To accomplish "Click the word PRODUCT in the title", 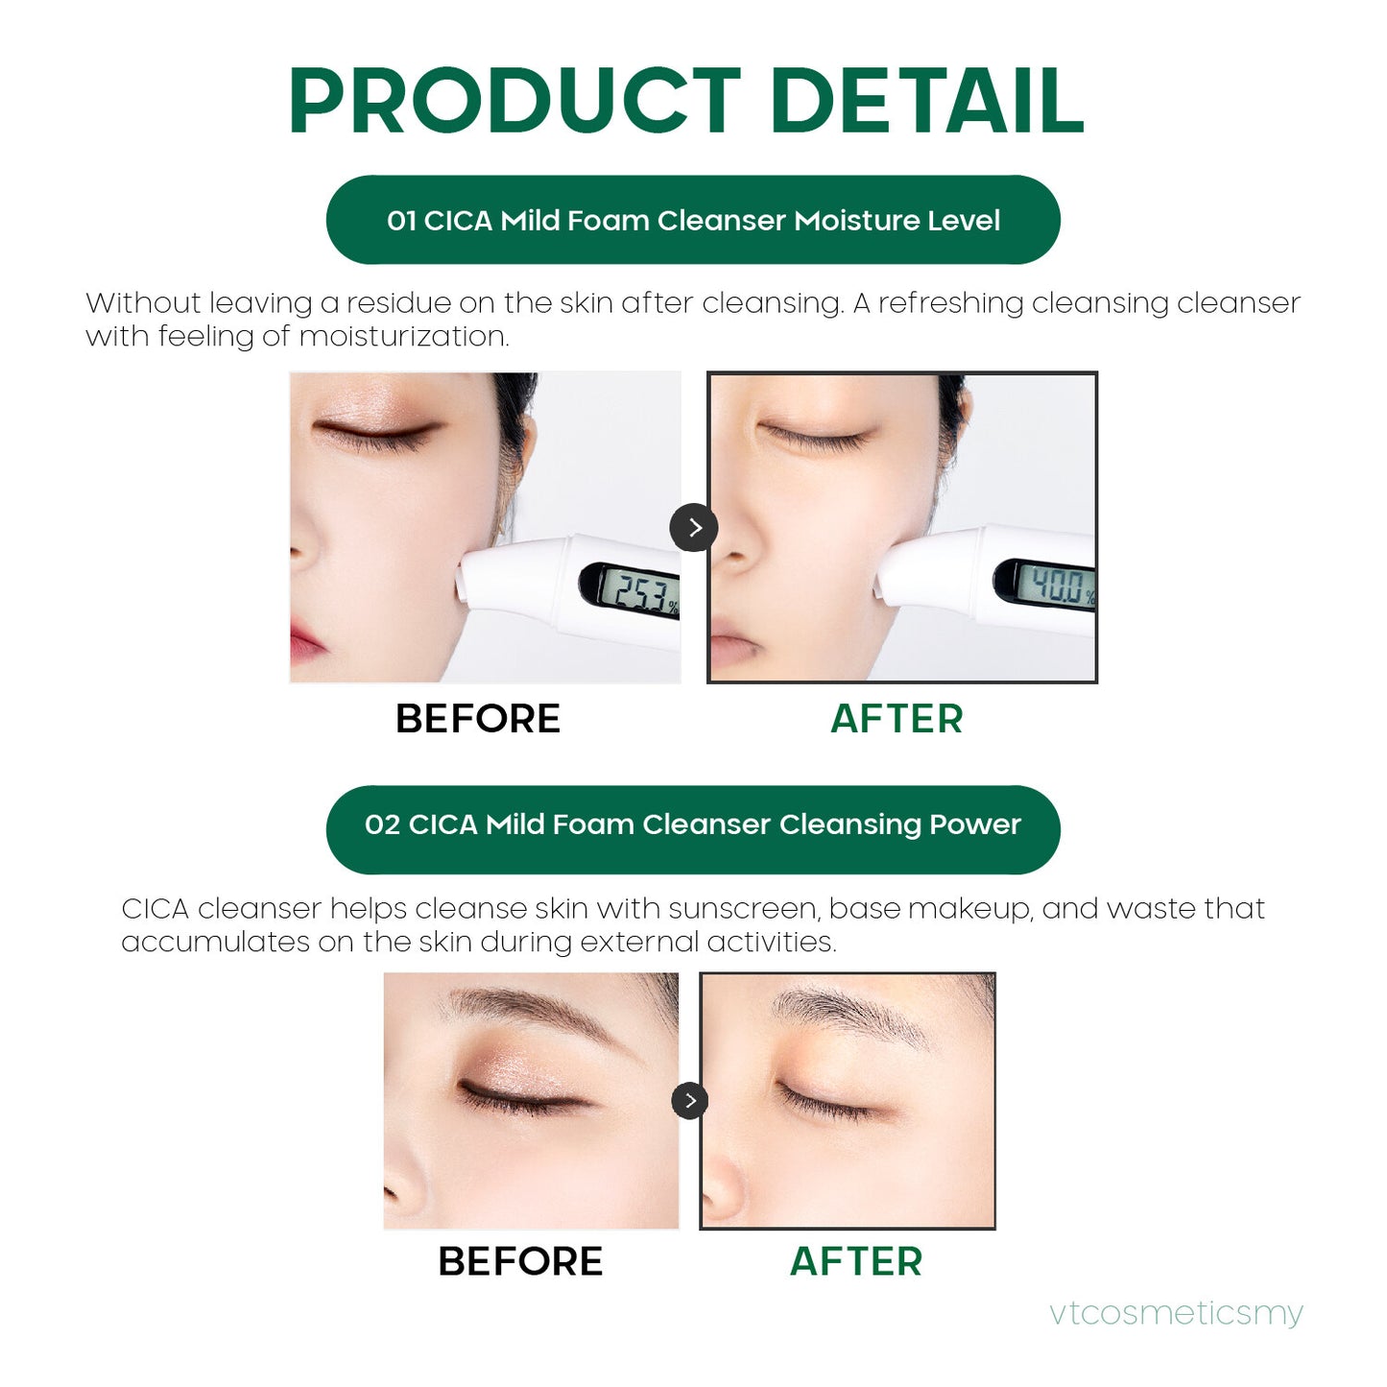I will [514, 101].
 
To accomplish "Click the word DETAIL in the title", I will [926, 101].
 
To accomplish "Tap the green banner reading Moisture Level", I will [693, 220].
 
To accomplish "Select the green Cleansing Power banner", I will [693, 825].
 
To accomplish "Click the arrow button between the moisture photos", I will [694, 527].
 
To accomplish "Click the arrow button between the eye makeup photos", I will [689, 1101].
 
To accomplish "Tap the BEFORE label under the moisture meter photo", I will [478, 719].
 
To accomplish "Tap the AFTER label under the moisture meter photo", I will [897, 719].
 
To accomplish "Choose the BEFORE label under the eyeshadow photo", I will [520, 1261].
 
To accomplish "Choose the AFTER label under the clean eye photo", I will [855, 1261].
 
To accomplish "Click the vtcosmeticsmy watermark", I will [1176, 1312].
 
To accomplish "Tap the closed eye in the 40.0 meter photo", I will [816, 437].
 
